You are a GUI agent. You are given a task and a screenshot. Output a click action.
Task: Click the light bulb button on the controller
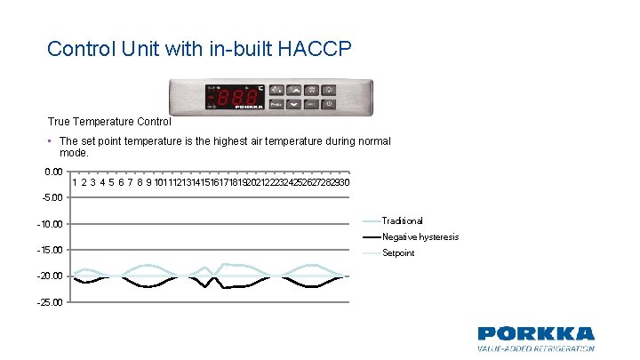point(329,89)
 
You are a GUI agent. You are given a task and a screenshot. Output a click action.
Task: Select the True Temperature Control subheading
point(109,121)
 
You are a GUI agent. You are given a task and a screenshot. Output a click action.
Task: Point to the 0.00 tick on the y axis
point(52,172)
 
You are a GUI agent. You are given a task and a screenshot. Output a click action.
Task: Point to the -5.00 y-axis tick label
point(51,197)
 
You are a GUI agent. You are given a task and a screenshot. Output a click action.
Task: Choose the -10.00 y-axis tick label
point(49,224)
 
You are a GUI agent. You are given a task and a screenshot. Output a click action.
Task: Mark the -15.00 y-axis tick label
point(49,250)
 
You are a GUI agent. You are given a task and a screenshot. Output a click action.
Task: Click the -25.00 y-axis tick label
point(49,302)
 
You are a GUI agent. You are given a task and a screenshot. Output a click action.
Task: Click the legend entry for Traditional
point(402,220)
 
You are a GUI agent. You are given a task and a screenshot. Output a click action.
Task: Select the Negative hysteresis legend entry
point(420,236)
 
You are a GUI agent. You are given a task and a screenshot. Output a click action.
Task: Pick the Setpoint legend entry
point(397,253)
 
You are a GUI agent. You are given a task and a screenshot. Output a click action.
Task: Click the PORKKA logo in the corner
point(535,334)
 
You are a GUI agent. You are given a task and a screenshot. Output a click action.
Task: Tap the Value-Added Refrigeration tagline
point(535,350)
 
